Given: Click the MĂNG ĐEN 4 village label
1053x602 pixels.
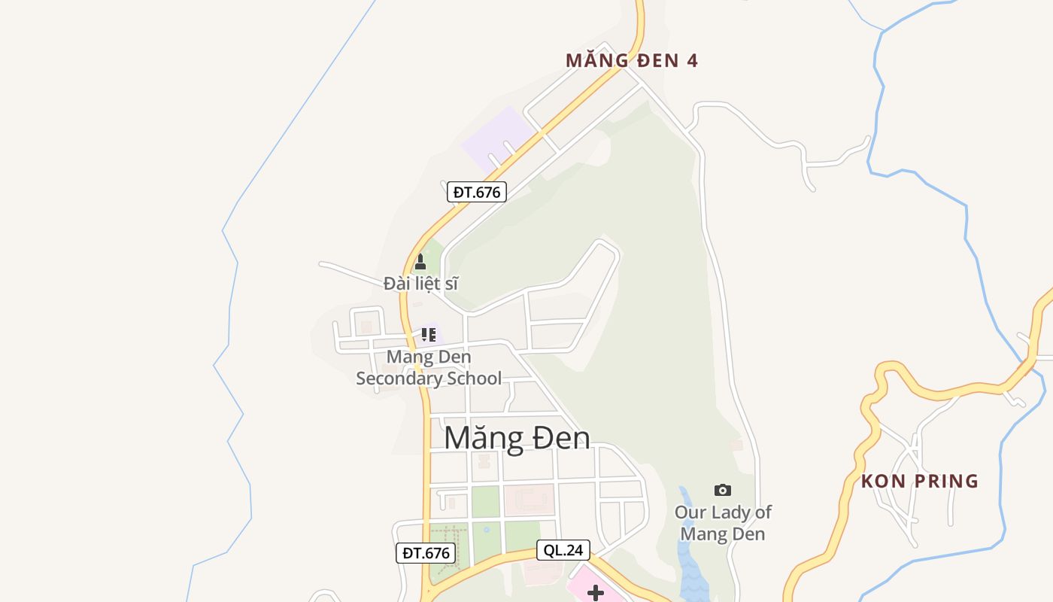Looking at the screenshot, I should coord(632,60).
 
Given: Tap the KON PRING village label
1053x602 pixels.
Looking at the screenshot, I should coord(920,481).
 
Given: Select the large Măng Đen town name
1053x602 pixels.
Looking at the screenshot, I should coord(517,438).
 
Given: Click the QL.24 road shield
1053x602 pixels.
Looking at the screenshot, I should coord(563,550).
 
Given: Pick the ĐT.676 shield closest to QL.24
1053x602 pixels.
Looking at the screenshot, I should coord(426,553).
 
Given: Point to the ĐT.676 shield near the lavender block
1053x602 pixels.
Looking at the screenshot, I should coord(477,192).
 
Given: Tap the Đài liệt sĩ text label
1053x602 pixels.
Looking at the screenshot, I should coord(420,284).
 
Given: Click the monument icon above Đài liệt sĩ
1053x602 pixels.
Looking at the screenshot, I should coord(420,262).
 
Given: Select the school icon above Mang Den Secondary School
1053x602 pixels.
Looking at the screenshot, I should coord(429,335).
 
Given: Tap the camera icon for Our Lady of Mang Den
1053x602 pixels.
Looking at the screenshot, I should coord(723,490).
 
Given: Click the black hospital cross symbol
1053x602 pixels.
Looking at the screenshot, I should coord(596,593).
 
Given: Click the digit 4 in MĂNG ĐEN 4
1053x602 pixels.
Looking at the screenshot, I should coord(693,60).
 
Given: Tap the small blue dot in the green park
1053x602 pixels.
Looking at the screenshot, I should coord(487,529).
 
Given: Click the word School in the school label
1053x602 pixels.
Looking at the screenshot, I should coord(474,378).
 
